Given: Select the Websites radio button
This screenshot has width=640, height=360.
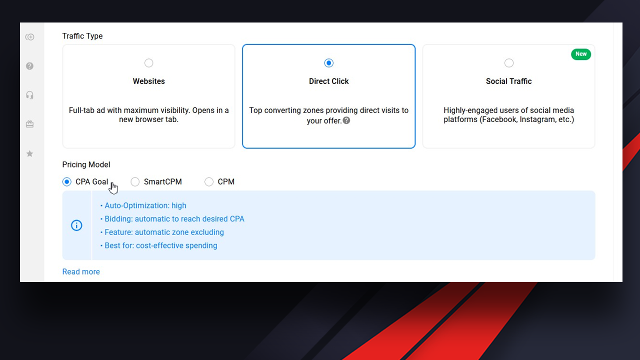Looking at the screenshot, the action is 148,63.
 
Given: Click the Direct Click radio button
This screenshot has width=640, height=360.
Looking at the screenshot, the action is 329,63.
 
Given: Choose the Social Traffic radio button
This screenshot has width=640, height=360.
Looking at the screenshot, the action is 509,63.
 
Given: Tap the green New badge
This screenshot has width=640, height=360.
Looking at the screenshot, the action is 581,54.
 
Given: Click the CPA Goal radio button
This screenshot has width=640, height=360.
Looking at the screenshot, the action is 67,181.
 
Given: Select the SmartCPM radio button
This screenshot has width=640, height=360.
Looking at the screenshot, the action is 135,181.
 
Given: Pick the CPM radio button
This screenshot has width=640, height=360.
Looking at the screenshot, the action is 209,181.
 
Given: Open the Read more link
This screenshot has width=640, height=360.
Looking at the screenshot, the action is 81,271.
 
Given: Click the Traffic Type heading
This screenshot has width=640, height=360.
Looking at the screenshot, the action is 82,36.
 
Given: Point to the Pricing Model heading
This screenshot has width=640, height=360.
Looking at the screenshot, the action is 86,164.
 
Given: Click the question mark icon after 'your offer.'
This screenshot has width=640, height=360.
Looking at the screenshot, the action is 346,120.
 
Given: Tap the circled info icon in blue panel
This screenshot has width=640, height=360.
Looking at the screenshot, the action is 76,225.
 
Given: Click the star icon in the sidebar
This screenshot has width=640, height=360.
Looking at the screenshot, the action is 29,153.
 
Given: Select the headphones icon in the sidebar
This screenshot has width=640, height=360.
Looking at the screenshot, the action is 29,95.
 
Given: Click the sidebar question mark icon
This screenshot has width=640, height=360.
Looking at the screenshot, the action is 29,66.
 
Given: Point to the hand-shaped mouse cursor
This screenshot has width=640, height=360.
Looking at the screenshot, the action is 113,187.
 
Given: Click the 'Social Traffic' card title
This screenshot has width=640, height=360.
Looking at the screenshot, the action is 509,81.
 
